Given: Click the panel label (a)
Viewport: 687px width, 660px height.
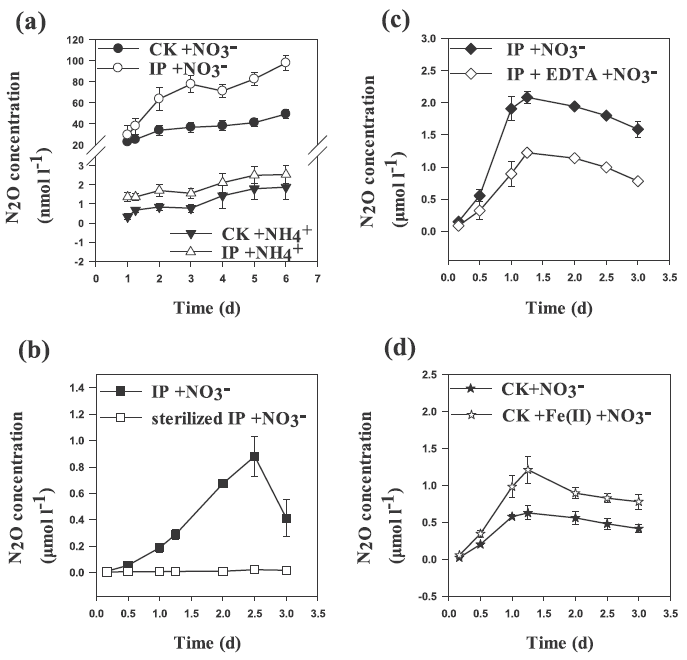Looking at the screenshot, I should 31,20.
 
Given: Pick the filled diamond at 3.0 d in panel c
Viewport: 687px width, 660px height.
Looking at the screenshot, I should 638,129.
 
